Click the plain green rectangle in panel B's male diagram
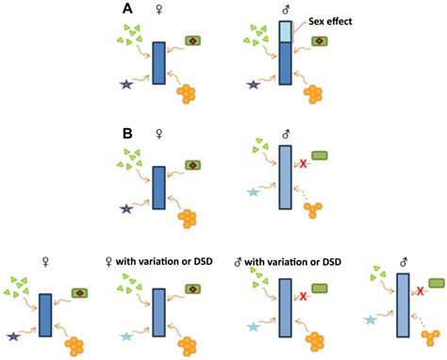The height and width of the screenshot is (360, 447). (x=319, y=155)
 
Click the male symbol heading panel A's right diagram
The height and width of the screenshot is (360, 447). (x=286, y=9)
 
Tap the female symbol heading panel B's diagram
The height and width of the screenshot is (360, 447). (x=158, y=135)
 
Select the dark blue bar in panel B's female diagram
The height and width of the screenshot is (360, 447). (x=158, y=187)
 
